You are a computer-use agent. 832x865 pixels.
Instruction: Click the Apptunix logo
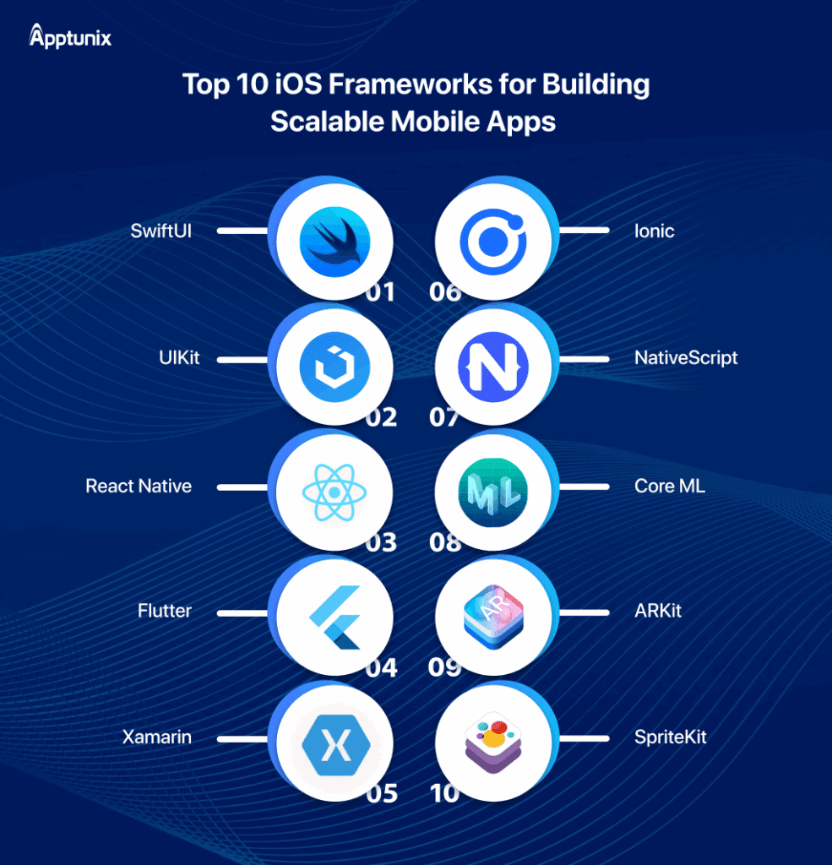click(70, 37)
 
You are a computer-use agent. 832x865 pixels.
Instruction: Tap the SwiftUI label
click(161, 231)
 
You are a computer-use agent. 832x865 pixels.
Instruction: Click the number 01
click(381, 292)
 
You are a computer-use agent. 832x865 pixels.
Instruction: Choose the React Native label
click(139, 487)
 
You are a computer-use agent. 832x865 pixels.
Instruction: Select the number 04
click(382, 667)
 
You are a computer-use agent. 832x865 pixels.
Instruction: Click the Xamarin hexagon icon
click(335, 743)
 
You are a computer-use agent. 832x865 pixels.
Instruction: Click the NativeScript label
click(686, 358)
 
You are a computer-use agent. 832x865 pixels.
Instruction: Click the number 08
click(445, 541)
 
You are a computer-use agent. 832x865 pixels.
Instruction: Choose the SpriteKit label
click(670, 737)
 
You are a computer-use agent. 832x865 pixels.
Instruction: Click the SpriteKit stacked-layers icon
click(493, 741)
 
